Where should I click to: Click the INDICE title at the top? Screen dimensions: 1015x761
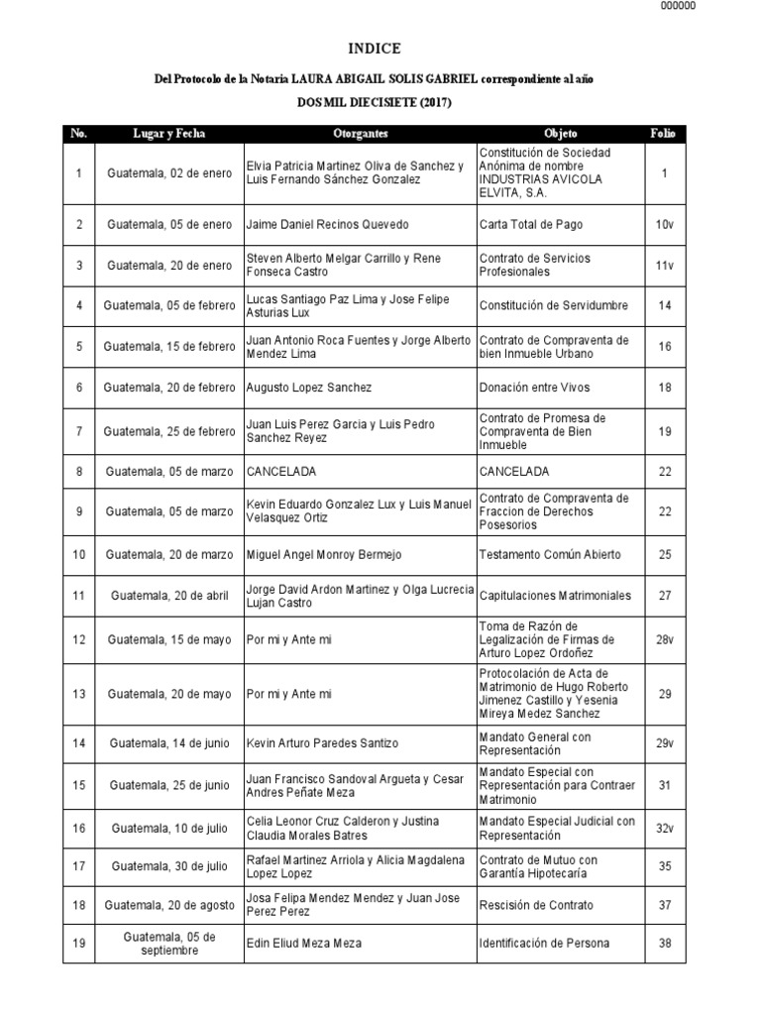coord(375,49)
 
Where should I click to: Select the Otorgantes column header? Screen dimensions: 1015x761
coord(361,133)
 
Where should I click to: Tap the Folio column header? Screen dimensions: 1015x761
coord(664,133)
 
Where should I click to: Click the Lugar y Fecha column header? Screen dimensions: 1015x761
coord(169,133)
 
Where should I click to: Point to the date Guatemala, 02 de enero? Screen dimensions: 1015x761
coord(169,173)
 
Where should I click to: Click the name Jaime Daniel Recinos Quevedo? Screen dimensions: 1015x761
coord(327,225)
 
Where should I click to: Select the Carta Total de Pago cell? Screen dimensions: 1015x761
coord(531,225)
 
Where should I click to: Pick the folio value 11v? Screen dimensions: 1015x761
coord(664,266)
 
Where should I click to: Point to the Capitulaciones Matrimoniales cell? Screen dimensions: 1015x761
coord(555,597)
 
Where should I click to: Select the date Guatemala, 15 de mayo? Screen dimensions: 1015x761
coord(169,640)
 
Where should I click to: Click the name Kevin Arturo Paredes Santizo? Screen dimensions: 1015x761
coord(322,742)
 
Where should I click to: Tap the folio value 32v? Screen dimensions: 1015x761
coord(664,828)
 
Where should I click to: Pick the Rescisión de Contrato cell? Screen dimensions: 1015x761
coord(536,905)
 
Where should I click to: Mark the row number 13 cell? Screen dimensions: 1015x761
coord(78,692)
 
